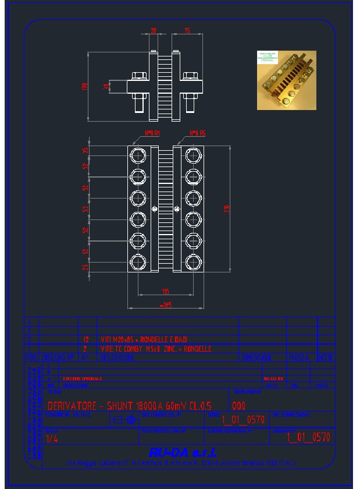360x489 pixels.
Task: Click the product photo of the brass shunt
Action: coord(286,80)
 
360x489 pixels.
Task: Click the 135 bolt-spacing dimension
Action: coord(165,291)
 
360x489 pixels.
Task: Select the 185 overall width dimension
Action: coord(165,304)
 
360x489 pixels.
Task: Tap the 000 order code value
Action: coord(238,406)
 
